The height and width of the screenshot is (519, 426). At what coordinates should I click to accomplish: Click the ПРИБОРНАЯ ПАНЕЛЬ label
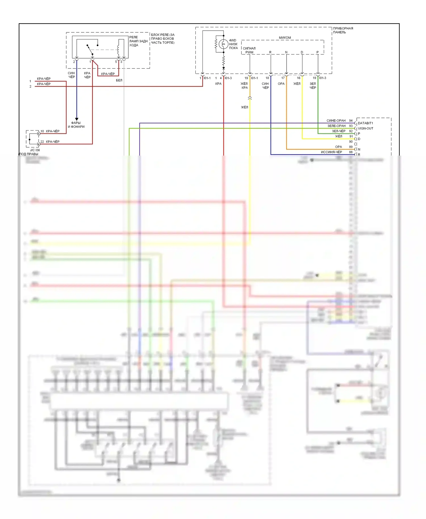[x=343, y=30]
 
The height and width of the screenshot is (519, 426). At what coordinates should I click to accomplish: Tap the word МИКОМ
[x=285, y=37]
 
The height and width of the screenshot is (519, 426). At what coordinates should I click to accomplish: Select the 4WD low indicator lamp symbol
[x=223, y=44]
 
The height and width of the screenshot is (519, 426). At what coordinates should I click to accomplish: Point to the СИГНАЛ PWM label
[x=249, y=50]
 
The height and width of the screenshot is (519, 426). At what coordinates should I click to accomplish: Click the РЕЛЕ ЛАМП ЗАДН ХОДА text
[x=138, y=41]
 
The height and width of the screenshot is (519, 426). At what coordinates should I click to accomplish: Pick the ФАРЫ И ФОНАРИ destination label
[x=76, y=125]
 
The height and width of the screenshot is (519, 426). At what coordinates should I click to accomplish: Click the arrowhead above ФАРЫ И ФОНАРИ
[x=76, y=119]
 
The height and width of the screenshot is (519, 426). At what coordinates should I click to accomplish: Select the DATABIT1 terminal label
[x=365, y=123]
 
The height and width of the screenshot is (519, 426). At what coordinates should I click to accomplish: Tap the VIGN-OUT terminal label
[x=365, y=128]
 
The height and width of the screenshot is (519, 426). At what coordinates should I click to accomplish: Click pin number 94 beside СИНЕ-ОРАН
[x=351, y=121]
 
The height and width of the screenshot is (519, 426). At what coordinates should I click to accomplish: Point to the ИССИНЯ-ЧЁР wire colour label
[x=331, y=152]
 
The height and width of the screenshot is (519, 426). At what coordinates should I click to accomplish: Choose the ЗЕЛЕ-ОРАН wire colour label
[x=336, y=126]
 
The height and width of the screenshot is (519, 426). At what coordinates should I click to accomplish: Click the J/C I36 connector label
[x=35, y=150]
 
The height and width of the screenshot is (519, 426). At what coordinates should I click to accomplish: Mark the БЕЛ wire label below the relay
[x=119, y=80]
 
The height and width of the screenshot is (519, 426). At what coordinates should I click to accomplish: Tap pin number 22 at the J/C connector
[x=42, y=142]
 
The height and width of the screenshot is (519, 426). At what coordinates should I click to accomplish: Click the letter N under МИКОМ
[x=286, y=52]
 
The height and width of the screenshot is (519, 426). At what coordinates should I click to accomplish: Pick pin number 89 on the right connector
[x=351, y=147]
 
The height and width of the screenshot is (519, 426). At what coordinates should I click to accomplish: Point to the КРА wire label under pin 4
[x=218, y=84]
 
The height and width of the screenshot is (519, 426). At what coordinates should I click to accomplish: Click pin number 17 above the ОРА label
[x=283, y=78]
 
